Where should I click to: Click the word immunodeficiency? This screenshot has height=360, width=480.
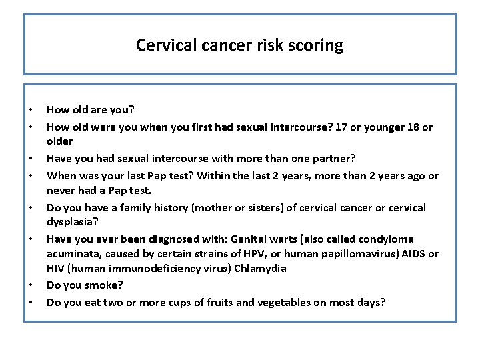point(145,268)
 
